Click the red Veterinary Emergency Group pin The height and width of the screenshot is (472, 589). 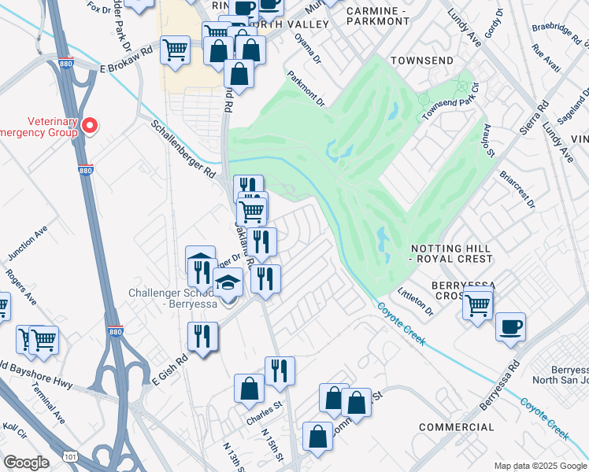tap(90, 125)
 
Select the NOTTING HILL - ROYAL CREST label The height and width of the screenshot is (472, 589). tap(451, 253)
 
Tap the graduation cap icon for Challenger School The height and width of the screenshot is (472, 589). tap(228, 282)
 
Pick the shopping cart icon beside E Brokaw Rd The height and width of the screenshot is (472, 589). tap(175, 50)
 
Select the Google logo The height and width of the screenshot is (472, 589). tap(26, 463)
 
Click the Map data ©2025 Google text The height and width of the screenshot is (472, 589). tap(539, 466)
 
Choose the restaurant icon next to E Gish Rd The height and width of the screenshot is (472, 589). tap(202, 336)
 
